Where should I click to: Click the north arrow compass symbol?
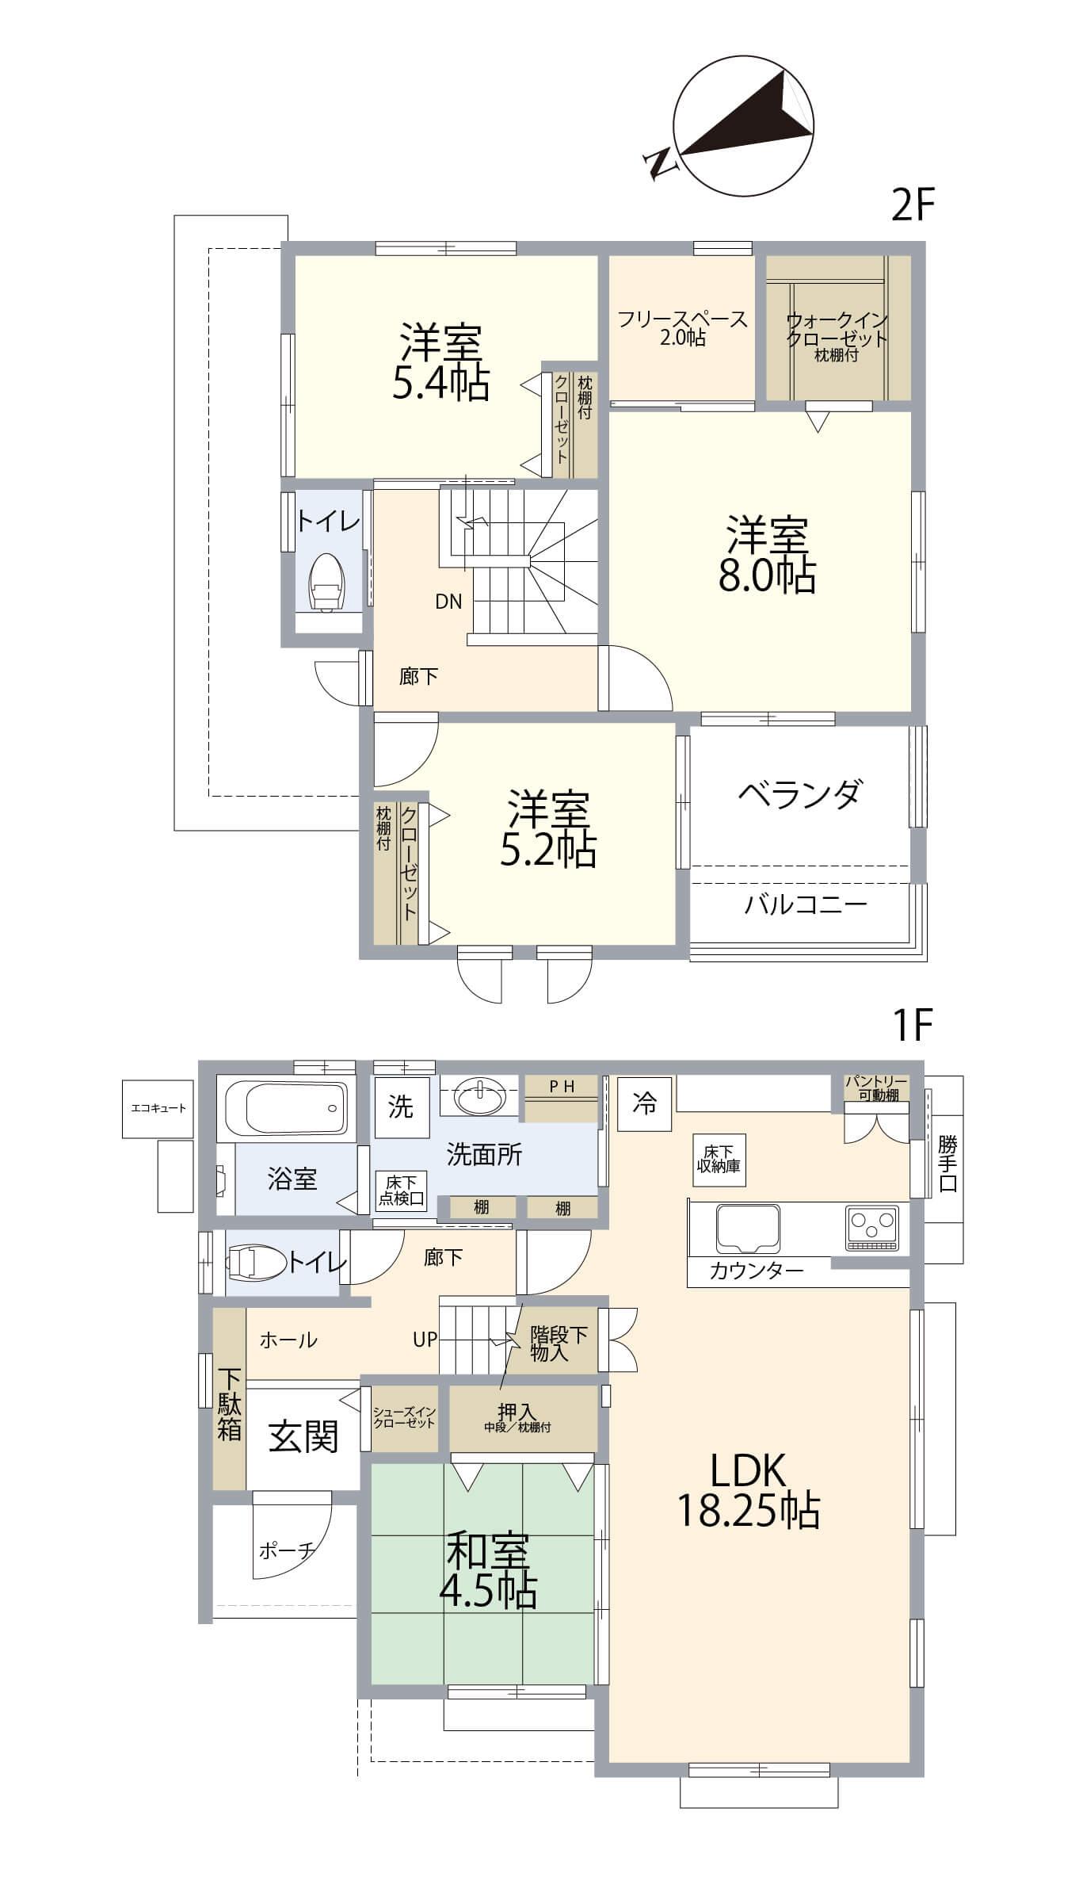coord(743,126)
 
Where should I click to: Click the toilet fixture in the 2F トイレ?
coord(326,583)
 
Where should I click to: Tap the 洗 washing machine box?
coord(402,1107)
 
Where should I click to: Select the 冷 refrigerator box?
coord(645,1103)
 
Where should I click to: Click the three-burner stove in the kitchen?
coord(871,1228)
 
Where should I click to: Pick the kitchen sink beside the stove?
coord(748,1228)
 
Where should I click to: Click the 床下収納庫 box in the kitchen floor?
coord(719,1160)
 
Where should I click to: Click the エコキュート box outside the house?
coord(158,1108)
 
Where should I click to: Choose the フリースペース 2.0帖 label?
coord(682,328)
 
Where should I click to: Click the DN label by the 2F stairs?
coord(448,602)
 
